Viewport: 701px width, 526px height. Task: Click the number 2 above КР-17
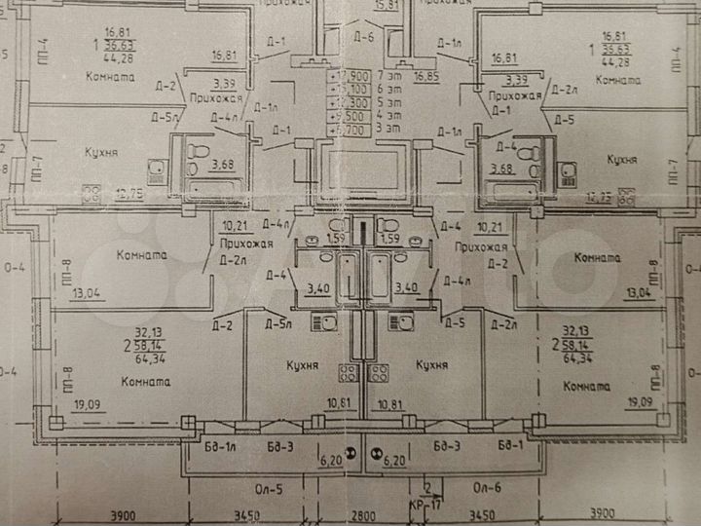(426, 490)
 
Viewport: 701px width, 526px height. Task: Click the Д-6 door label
(364, 38)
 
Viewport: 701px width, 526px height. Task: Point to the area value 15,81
(387, 5)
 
